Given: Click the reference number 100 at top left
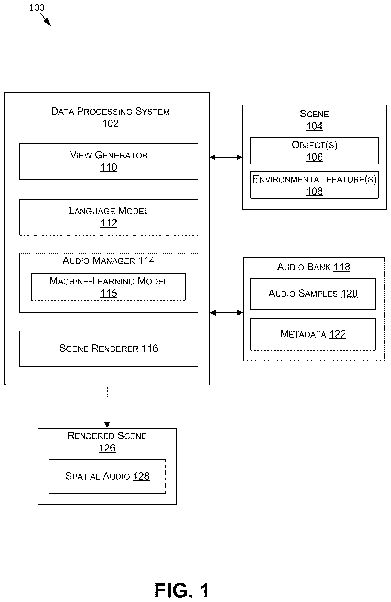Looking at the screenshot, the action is tap(37, 8).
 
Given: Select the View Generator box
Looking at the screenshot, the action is tap(109, 161).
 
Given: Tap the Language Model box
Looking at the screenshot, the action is tap(109, 217).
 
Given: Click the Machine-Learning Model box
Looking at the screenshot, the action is tap(109, 287).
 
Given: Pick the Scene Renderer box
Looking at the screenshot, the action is tap(109, 349).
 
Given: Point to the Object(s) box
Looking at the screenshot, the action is tap(314, 151).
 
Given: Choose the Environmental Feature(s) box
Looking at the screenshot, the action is tap(314, 185).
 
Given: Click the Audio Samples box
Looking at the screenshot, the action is tap(313, 294).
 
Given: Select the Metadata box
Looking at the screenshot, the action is tap(313, 334).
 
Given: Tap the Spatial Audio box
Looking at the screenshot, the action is tap(107, 477).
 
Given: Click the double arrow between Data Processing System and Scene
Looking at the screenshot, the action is tap(226, 157).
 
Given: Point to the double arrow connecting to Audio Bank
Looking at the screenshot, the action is tap(226, 313).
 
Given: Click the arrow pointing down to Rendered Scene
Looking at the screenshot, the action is tap(107, 407).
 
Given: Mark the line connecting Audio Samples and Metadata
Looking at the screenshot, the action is tap(313, 314).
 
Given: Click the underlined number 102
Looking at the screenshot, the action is tap(110, 124).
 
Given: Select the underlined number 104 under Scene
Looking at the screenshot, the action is tap(315, 126).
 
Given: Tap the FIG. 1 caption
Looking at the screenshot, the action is tap(182, 590).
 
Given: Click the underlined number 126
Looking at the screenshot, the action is tap(107, 448).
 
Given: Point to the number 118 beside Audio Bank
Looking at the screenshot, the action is tap(342, 267).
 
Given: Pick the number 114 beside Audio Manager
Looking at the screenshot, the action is tap(146, 261).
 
